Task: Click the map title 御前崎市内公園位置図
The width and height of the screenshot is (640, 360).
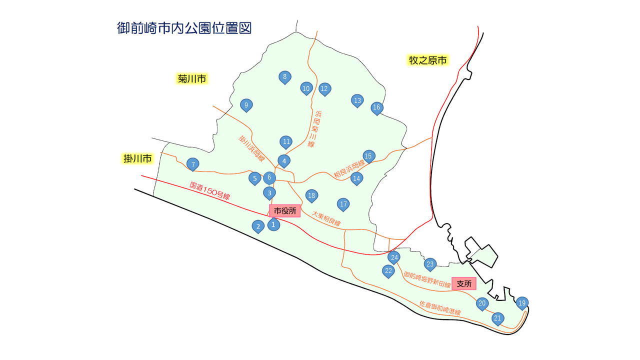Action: tap(184, 28)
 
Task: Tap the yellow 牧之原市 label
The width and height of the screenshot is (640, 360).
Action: tap(427, 60)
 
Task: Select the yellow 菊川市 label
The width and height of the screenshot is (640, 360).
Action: tap(192, 79)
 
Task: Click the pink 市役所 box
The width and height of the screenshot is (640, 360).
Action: tap(285, 211)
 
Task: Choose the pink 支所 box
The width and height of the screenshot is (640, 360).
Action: tap(464, 283)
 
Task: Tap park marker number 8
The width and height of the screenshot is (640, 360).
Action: tap(285, 76)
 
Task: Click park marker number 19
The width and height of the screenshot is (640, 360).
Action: tap(522, 302)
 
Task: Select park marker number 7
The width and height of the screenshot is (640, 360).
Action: tap(192, 163)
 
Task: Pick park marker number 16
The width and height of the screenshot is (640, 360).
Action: tap(376, 107)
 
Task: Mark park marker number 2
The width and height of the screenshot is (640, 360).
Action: tap(258, 226)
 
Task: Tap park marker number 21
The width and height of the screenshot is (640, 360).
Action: tap(497, 318)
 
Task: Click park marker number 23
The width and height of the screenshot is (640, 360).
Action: tap(430, 264)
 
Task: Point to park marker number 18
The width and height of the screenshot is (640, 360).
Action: tap(311, 195)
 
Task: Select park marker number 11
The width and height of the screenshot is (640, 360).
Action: tap(286, 141)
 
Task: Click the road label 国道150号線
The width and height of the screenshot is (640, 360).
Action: tap(209, 190)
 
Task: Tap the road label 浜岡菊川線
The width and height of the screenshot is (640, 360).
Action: tap(314, 129)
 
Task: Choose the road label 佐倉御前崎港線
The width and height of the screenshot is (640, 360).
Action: tap(439, 308)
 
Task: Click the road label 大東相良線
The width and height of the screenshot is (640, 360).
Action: tap(326, 218)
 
